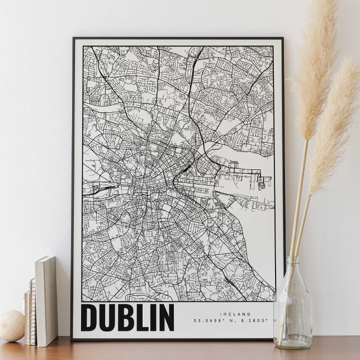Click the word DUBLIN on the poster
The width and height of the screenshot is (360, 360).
[x=128, y=317]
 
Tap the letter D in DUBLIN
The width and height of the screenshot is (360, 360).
[x=90, y=317]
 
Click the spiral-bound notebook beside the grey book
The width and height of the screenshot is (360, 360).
[x=30, y=313]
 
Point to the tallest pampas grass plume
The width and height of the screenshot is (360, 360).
[x=316, y=67]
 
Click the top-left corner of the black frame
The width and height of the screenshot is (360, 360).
[x=74, y=39]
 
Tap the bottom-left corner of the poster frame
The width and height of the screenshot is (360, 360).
[x=73, y=339]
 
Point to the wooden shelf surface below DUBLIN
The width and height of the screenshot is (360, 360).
[x=168, y=349]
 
